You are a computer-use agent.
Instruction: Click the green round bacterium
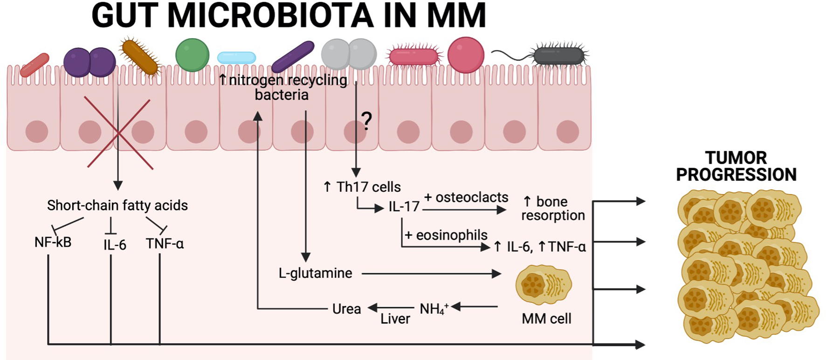(x=192, y=55)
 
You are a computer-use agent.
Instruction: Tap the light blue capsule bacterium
(x=236, y=58)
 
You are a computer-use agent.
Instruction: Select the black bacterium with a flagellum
(x=559, y=56)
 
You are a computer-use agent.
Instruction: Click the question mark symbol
(x=367, y=121)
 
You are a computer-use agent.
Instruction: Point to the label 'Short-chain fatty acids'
(x=117, y=205)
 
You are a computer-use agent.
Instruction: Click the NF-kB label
(x=53, y=242)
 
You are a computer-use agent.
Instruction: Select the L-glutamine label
(x=315, y=273)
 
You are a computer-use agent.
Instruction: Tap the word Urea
(x=346, y=309)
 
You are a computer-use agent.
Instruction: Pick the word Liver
(x=395, y=319)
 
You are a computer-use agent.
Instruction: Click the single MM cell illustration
(x=544, y=284)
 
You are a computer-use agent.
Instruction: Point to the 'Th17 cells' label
(x=362, y=187)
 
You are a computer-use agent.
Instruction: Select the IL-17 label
(x=404, y=207)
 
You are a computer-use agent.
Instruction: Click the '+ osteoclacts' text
(x=466, y=197)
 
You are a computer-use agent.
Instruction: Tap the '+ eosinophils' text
(x=446, y=235)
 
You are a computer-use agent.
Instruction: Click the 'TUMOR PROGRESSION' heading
(x=736, y=166)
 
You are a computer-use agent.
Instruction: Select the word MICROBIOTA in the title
(x=270, y=15)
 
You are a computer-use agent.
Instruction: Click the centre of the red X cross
(x=119, y=133)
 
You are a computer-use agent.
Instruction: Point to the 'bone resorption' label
(x=552, y=208)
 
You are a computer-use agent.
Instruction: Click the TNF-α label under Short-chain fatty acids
(x=165, y=243)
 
